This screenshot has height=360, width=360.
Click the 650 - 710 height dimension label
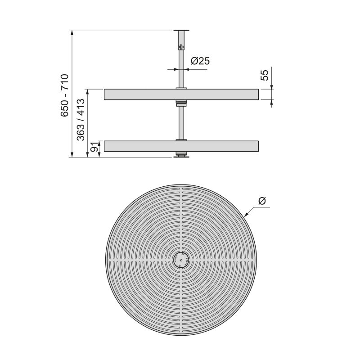pos(64,95)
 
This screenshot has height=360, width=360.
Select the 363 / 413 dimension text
pos(81,120)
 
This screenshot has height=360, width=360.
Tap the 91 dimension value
pos(94,149)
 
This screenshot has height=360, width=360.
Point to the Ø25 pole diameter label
pos(200,61)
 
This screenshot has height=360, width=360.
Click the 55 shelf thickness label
pos(265,75)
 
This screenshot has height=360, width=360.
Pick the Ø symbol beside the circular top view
pos(263,200)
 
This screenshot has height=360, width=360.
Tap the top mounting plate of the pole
pos(181,30)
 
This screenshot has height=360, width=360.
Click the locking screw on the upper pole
pos(181,47)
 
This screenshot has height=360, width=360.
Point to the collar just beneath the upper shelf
pos(181,103)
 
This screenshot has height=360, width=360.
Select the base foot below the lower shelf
pos(181,155)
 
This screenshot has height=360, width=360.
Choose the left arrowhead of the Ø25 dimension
pos(176,69)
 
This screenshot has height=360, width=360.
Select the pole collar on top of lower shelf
pos(181,140)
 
